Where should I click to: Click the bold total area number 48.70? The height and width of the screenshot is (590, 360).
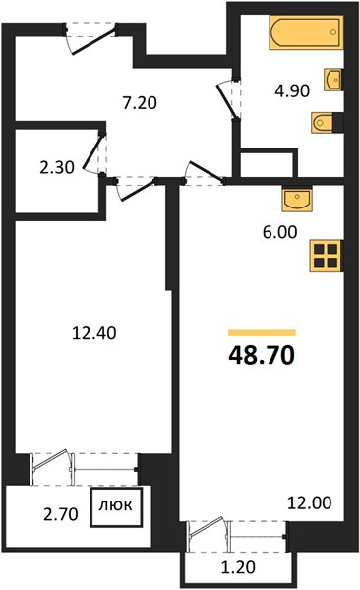pos(262,356)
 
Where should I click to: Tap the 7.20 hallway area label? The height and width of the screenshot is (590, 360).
pos(140,102)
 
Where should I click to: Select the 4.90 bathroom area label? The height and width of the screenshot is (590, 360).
pos(292,90)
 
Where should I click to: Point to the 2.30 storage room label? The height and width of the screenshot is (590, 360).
pos(57,167)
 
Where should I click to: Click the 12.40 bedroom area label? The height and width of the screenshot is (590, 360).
pos(94,333)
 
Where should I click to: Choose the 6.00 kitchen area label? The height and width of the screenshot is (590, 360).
pos(279,232)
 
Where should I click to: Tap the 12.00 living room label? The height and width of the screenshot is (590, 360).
pos(310,502)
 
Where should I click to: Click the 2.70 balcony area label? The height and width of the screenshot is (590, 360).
pos(61,514)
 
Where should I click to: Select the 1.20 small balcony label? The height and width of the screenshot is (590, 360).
pos(238,567)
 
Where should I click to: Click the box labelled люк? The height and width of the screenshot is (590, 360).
pos(116,506)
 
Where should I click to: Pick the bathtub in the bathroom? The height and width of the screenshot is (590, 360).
pos(306,32)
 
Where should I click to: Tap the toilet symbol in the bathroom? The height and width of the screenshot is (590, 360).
pos(323,122)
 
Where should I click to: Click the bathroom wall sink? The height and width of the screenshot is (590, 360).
pos(332,80)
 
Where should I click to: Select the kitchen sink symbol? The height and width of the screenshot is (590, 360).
pos(297,200)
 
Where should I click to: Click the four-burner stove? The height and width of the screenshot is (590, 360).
pos(326,256)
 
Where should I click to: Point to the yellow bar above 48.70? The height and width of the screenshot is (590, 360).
pos(262,332)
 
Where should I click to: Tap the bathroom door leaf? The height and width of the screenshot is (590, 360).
pos(227,101)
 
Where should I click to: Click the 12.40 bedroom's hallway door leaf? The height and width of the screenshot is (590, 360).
pos(138,190)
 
